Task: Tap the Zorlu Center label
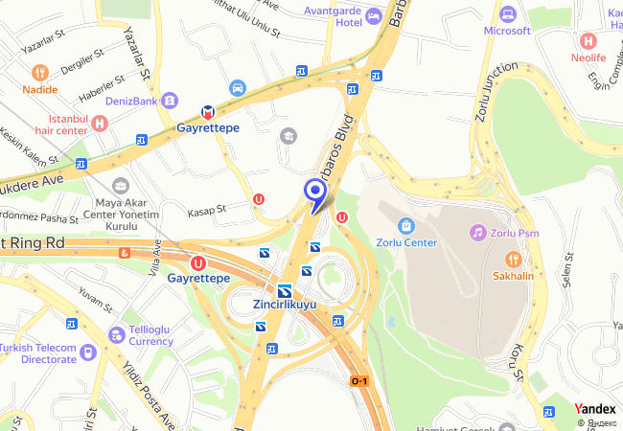point(406,242)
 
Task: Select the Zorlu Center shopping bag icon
point(406,225)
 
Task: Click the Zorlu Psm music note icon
point(477,233)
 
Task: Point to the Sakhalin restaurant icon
point(514,259)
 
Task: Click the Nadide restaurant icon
point(39,72)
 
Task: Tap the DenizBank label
point(131,100)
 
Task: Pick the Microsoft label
point(507,31)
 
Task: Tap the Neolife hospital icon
point(588,41)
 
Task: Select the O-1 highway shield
point(359,381)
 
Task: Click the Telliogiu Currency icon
point(116,334)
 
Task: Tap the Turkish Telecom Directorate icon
point(88,352)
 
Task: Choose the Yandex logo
point(594,409)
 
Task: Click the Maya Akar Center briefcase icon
point(120,185)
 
